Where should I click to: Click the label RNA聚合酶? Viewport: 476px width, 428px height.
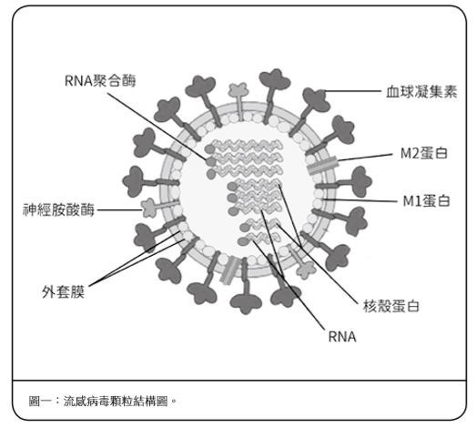pyautogui.click(x=100, y=81)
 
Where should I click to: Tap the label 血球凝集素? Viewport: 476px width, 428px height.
pyautogui.click(x=421, y=91)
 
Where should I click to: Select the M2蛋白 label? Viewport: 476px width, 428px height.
pyautogui.click(x=424, y=153)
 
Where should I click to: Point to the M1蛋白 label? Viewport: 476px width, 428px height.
pyautogui.click(x=426, y=200)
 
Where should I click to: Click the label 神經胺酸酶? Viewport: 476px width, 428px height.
pyautogui.click(x=58, y=209)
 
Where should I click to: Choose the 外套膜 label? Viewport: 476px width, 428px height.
pyautogui.click(x=63, y=292)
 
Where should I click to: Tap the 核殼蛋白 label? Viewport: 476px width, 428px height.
pyautogui.click(x=391, y=306)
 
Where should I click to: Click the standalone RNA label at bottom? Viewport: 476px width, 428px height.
pyautogui.click(x=342, y=337)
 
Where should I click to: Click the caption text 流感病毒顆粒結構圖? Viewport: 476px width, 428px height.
pyautogui.click(x=116, y=402)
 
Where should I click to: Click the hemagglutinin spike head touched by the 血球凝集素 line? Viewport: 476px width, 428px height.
pyautogui.click(x=316, y=99)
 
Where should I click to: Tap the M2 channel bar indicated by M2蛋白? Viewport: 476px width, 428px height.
pyautogui.click(x=323, y=165)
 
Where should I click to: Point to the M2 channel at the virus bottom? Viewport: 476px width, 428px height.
pyautogui.click(x=229, y=270)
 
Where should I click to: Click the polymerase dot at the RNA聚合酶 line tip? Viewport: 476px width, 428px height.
pyautogui.click(x=210, y=161)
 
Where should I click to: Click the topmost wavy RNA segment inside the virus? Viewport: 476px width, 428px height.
pyautogui.click(x=247, y=145)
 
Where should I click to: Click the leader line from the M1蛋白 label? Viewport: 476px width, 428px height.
pyautogui.click(x=360, y=200)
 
